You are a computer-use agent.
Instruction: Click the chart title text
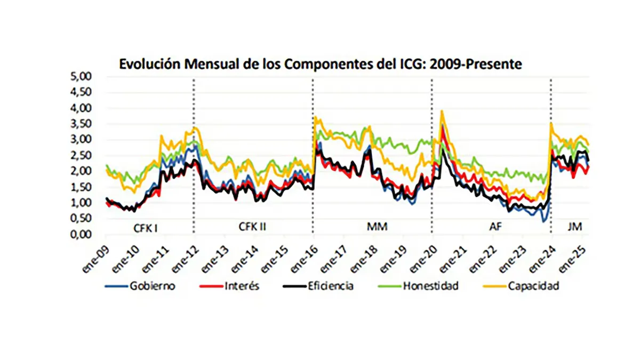(x=320, y=64)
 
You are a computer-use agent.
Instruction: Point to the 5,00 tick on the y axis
(x=81, y=76)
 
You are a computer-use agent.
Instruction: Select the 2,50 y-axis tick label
(x=81, y=155)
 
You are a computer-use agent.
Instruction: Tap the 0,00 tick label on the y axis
(x=81, y=235)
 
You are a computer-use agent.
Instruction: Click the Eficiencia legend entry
(x=331, y=286)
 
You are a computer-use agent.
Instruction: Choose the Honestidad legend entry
(x=430, y=286)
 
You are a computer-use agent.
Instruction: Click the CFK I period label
(x=145, y=228)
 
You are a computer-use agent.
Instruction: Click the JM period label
(x=575, y=228)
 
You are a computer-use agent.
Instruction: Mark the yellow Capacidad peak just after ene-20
(x=442, y=112)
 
